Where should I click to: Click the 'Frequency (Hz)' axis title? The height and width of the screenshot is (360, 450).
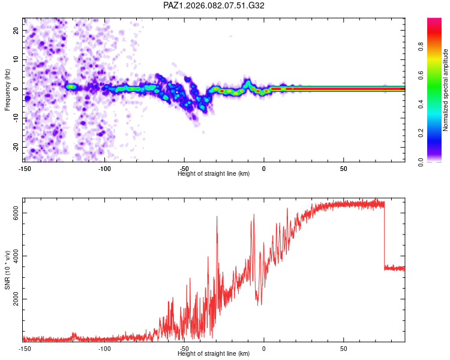(7, 89)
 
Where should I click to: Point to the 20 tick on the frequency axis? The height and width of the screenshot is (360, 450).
(16, 30)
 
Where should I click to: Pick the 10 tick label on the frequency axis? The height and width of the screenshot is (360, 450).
(16, 59)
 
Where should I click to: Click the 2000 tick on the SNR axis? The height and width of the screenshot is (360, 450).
(17, 299)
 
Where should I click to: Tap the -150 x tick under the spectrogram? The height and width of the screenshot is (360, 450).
(25, 168)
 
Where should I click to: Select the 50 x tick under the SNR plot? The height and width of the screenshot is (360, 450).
(343, 348)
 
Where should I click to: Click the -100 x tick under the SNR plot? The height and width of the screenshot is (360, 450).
(104, 348)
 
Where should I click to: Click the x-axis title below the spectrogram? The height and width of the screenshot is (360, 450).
(214, 173)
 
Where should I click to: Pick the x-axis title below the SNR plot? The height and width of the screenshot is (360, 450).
(214, 353)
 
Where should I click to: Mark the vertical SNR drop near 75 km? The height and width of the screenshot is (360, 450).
(385, 237)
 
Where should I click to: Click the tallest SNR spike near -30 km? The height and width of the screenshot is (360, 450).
(217, 217)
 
